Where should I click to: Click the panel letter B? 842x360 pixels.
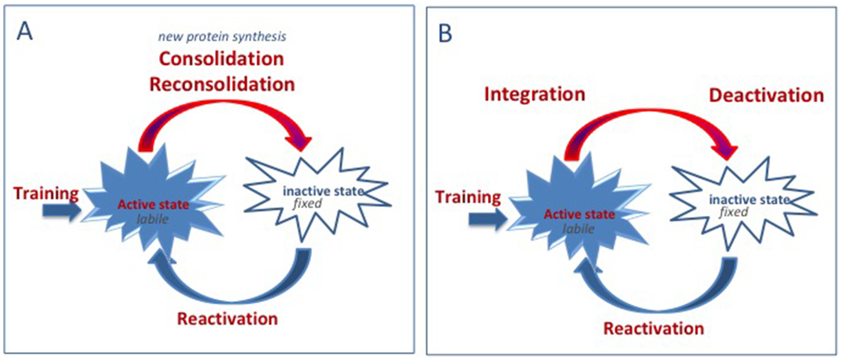[445, 33]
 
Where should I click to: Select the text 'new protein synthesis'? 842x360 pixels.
[222, 37]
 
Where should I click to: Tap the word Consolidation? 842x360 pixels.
[222, 59]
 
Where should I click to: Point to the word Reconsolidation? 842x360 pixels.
[222, 84]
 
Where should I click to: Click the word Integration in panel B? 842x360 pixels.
[535, 94]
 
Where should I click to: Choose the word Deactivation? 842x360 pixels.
[767, 95]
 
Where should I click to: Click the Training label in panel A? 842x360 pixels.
[46, 194]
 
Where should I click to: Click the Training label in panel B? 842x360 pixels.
[468, 197]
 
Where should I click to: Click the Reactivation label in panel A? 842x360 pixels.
[227, 319]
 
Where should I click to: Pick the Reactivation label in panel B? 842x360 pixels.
[654, 329]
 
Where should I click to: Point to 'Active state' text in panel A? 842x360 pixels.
[153, 205]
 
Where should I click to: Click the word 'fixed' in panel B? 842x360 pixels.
[734, 212]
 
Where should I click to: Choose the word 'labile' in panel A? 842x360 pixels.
[152, 219]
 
